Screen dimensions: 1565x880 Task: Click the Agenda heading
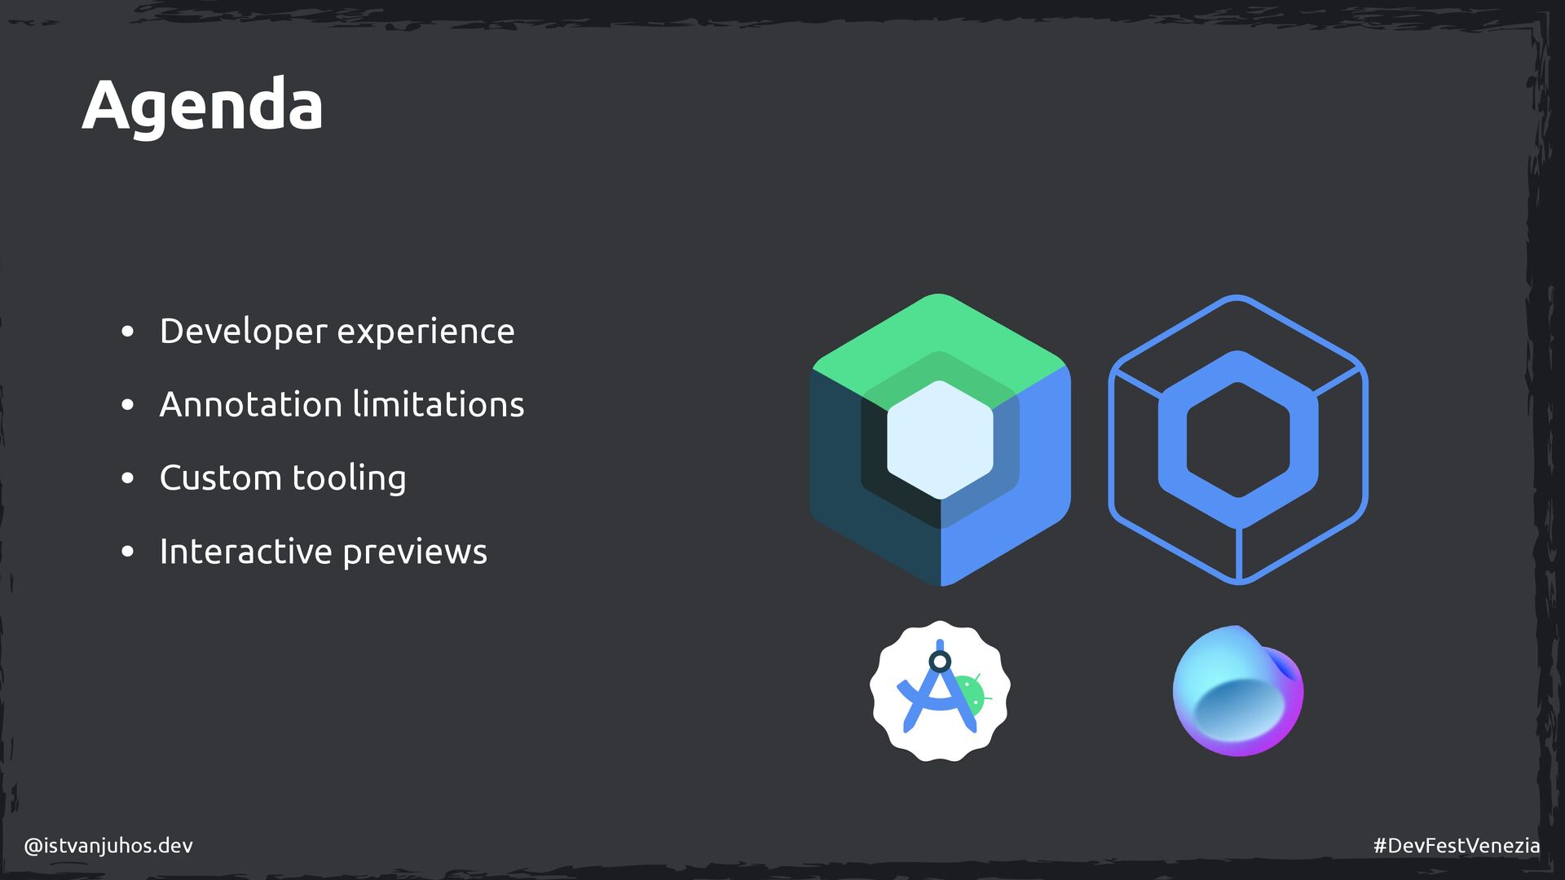click(202, 106)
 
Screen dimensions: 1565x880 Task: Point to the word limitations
click(439, 405)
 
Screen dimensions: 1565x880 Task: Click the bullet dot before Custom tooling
click(127, 478)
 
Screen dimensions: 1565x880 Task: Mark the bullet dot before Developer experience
click(127, 332)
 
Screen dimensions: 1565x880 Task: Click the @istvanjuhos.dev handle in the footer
click(108, 846)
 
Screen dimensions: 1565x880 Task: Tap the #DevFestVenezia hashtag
click(1456, 846)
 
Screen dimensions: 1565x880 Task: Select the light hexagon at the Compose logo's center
click(940, 439)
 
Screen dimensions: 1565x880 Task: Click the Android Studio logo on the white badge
click(939, 691)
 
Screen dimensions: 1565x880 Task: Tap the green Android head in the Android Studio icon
click(972, 693)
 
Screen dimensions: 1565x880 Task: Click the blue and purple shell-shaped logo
click(1237, 691)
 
